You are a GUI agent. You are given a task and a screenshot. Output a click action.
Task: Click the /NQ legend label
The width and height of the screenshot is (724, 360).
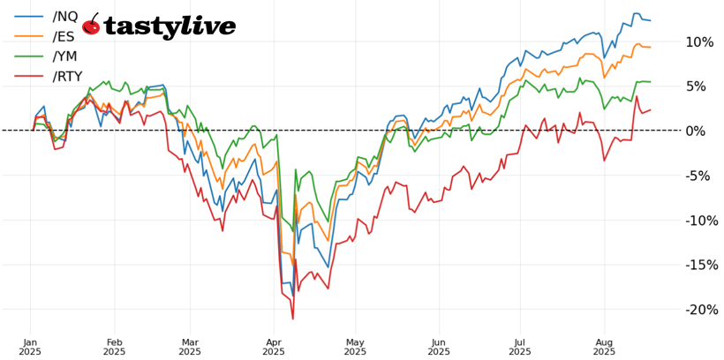click(64, 17)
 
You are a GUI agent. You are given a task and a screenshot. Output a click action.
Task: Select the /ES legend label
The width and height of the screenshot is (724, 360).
click(64, 36)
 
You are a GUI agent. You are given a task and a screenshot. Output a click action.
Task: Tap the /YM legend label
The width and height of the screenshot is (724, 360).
click(64, 56)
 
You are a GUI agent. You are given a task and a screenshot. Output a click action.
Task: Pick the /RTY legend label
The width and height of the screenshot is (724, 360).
click(67, 77)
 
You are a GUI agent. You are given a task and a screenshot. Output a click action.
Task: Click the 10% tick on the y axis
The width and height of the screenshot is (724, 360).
click(699, 42)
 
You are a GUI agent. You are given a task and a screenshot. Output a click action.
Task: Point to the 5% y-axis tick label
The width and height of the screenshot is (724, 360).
click(703, 86)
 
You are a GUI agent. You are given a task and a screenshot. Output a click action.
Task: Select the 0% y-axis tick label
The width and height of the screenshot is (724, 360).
click(703, 131)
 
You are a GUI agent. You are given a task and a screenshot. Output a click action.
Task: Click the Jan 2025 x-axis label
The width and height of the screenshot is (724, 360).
click(30, 346)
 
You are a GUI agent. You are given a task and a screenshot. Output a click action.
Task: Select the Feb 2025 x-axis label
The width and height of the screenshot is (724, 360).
click(114, 346)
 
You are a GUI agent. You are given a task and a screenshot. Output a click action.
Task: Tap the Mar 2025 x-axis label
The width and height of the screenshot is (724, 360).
click(191, 346)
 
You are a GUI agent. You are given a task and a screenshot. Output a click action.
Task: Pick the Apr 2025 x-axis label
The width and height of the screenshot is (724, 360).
click(274, 346)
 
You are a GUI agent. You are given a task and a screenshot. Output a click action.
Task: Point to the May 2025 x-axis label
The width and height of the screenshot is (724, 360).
click(355, 346)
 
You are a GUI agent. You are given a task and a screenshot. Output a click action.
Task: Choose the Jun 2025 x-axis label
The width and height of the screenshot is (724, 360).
click(439, 346)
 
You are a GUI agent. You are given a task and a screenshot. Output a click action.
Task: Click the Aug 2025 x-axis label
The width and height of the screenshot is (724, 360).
click(604, 346)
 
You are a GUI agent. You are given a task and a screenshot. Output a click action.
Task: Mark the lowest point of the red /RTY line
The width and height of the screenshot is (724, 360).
click(292, 319)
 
